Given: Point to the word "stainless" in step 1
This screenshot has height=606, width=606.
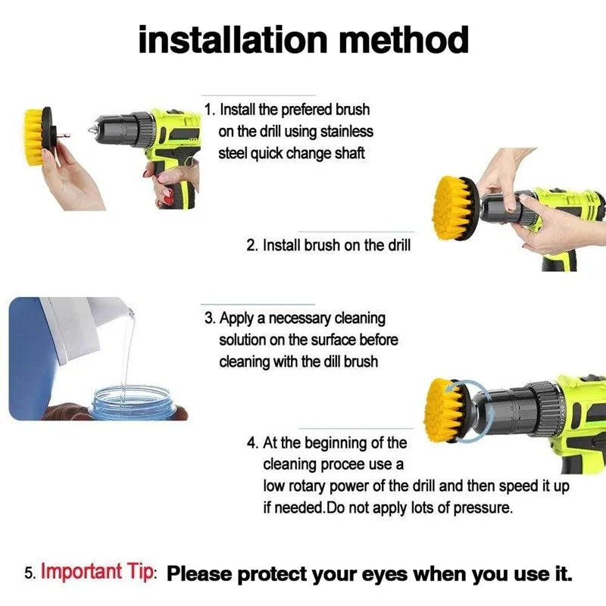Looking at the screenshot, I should click(x=344, y=132).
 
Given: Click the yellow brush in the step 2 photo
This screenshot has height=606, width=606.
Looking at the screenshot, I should click(x=454, y=207).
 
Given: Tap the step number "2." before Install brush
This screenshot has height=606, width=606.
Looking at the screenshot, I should click(x=253, y=245).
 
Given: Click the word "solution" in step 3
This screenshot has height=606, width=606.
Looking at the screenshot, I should click(x=242, y=340).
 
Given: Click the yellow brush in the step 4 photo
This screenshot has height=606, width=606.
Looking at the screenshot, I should click(x=444, y=411).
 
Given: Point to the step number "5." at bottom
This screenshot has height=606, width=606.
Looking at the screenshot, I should click(x=30, y=573).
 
